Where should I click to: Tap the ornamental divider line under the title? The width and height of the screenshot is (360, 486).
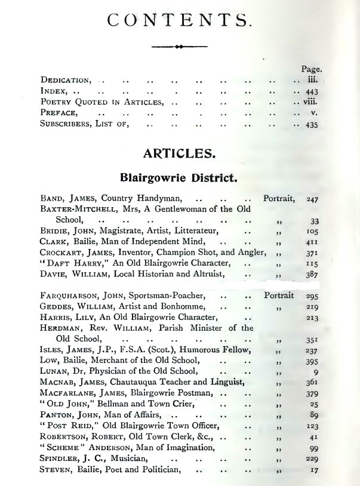179,46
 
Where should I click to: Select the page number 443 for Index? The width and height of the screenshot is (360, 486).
311,91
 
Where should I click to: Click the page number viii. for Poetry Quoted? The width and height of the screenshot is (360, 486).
310,103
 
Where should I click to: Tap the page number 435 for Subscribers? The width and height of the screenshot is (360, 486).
311,125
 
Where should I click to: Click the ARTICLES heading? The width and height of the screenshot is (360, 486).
179,153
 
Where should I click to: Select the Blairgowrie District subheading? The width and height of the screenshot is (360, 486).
179,177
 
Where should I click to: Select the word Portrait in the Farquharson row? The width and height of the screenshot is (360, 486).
279,295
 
